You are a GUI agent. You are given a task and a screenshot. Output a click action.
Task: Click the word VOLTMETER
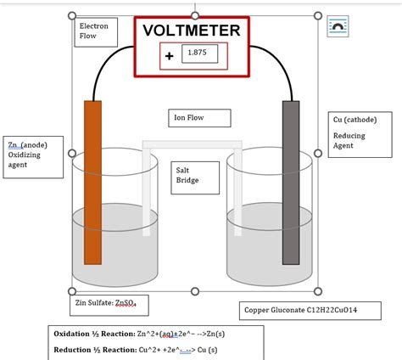[x=192, y=31]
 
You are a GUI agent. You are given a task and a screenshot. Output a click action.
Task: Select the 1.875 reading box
[x=198, y=53]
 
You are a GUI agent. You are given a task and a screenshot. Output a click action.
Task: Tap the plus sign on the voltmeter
[x=169, y=56]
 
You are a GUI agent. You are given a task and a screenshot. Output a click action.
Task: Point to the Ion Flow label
[x=188, y=118]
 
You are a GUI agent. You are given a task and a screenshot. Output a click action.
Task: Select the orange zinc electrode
[x=92, y=183]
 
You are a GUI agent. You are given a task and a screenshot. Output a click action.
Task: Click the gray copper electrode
[x=291, y=183]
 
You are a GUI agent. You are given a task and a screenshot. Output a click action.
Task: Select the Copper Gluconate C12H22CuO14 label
[x=310, y=311]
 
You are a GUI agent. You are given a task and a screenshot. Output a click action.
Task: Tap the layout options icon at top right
[x=338, y=27]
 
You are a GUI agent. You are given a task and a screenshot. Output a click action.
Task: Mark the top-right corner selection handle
[x=318, y=16]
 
